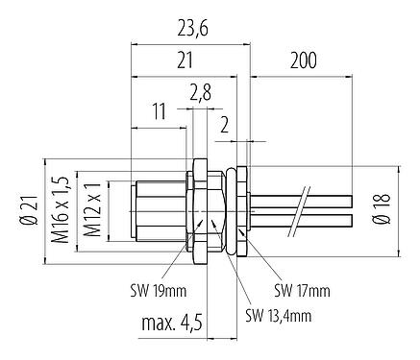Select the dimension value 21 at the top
pos(187,60)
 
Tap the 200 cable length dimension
pos(304,60)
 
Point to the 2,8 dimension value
pos(200,92)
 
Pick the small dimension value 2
pos(224,123)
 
